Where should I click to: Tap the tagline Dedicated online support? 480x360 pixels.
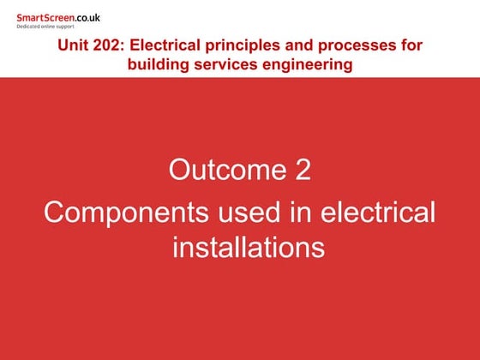pos(45,27)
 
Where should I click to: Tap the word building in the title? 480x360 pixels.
pos(157,64)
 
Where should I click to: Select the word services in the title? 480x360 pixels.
pos(225,64)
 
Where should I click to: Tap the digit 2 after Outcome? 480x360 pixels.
pos(303,170)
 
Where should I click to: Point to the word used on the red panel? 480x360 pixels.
pos(228,211)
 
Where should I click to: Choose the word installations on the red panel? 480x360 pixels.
pos(249,247)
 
